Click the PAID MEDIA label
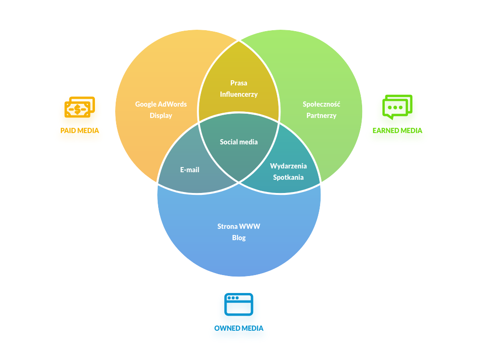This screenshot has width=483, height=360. (x=80, y=131)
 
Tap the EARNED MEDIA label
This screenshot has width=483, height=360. (x=397, y=131)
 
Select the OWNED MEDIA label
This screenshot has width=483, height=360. (x=239, y=328)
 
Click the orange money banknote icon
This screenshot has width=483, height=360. (x=79, y=107)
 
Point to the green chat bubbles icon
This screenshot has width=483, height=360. (x=397, y=107)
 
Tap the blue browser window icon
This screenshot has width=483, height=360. (x=239, y=304)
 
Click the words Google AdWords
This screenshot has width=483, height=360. (x=161, y=104)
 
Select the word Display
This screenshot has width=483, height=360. (x=161, y=116)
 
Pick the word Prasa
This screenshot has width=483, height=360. (x=239, y=83)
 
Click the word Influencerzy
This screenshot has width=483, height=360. (x=239, y=94)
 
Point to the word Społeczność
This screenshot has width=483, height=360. (x=321, y=104)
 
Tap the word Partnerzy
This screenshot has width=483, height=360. (x=321, y=116)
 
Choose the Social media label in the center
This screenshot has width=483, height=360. (x=239, y=142)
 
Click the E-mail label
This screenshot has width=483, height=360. (x=190, y=170)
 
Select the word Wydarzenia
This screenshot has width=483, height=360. (x=288, y=166)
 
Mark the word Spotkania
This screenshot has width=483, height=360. (x=288, y=177)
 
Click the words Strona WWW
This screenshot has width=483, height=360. (x=239, y=226)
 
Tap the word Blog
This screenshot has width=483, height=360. (x=239, y=238)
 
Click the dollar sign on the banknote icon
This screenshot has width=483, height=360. (x=76, y=109)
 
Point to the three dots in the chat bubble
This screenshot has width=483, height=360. (x=395, y=108)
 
